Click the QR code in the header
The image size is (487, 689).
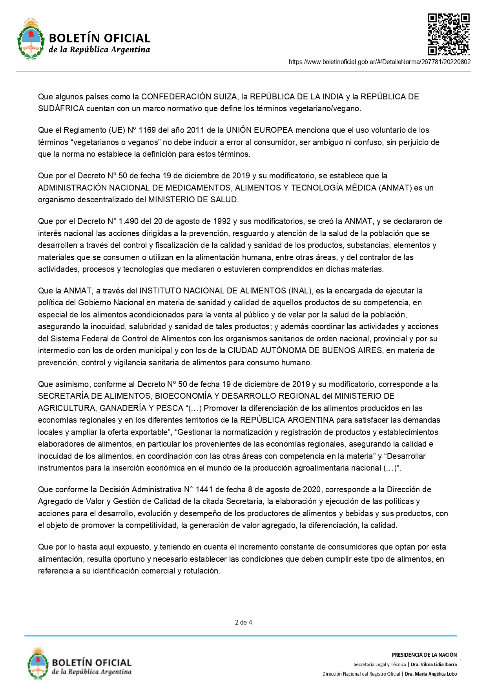click(x=448, y=34)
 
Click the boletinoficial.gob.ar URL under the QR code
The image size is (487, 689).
click(x=379, y=62)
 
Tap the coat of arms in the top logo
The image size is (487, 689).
click(x=31, y=38)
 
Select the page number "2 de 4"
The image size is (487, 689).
click(x=243, y=622)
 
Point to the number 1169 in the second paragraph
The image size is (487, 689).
click(x=148, y=130)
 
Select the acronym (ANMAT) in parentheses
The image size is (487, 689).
click(x=395, y=188)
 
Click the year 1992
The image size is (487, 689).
click(x=222, y=221)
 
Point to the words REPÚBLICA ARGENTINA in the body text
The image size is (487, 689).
click(x=287, y=420)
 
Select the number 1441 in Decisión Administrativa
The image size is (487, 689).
click(x=204, y=489)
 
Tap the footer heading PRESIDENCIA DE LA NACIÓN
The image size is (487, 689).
click(x=424, y=655)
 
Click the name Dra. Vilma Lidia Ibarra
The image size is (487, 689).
click(x=434, y=665)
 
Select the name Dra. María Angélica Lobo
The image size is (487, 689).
click(x=430, y=674)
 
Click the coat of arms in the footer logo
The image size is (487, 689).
click(x=38, y=664)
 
